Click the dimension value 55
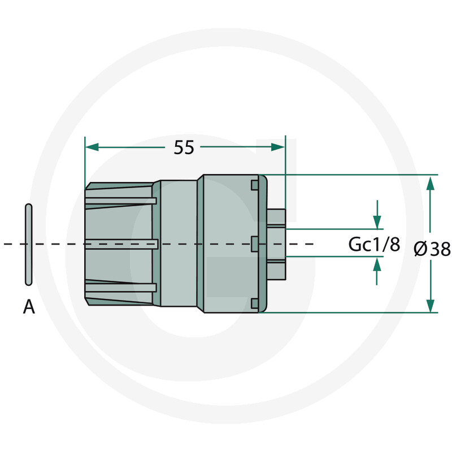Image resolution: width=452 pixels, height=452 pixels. coord(184,147)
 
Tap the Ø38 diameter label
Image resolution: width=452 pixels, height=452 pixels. coord(432,249)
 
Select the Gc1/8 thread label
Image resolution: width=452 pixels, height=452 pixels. coord(373,245)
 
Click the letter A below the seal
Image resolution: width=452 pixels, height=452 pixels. coord(29,307)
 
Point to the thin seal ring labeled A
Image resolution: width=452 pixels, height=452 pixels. coord(28,244)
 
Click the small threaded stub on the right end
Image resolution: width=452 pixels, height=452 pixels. coord(277,244)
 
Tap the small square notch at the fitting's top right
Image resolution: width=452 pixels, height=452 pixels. coord(255,184)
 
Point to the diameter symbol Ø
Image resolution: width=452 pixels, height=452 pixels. coord(420,249)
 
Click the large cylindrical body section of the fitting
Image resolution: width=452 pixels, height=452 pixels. coord(226,244)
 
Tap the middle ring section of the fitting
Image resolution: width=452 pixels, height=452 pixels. coord(178,244)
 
